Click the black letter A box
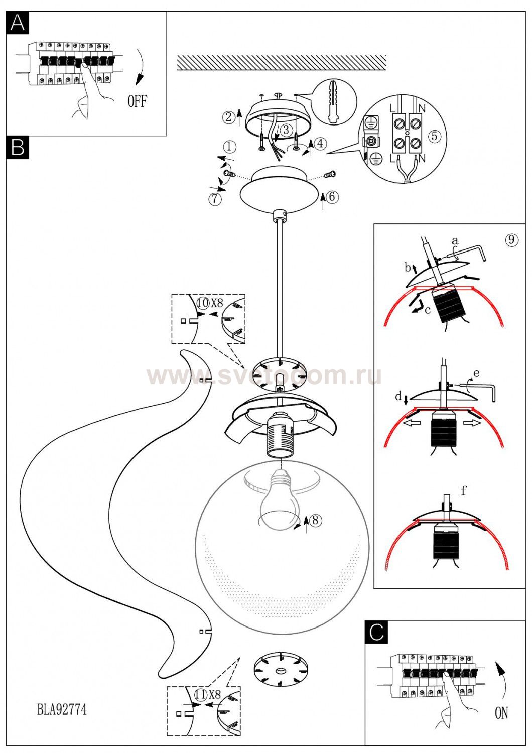coord(18,23)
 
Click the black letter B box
coord(18,147)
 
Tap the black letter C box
coord(376,633)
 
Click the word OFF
coord(138,101)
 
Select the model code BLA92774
coord(62,709)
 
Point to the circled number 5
coord(434,136)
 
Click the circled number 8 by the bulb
coord(315,520)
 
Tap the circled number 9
coord(511,239)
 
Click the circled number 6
coord(332,197)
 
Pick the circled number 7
coord(215,199)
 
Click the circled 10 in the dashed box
coord(203,303)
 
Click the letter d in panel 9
coord(398,397)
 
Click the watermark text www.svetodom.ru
coord(264,376)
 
